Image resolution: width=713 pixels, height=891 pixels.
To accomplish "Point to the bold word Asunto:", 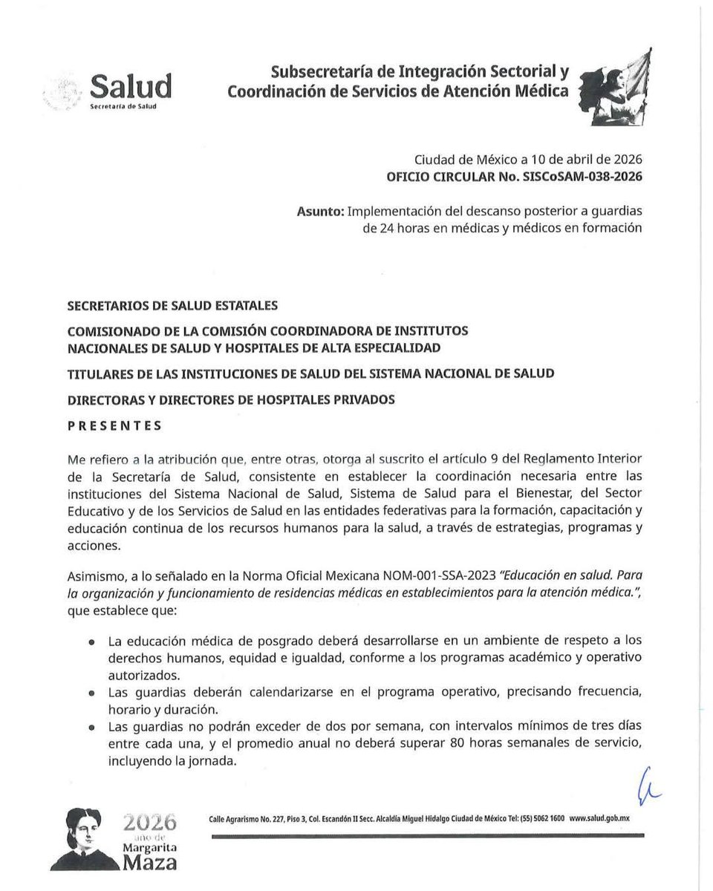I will (x=319, y=212).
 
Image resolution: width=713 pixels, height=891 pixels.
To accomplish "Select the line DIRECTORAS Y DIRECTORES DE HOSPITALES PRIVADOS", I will (x=231, y=399).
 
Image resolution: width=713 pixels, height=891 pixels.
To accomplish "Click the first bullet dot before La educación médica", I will (x=91, y=641).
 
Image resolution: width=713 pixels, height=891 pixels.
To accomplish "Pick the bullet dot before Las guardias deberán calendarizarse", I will (x=91, y=692).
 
